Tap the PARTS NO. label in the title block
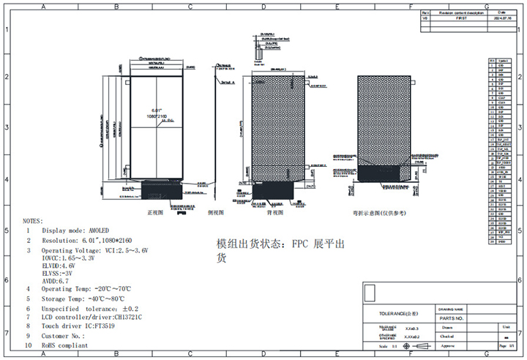[x=452, y=318]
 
